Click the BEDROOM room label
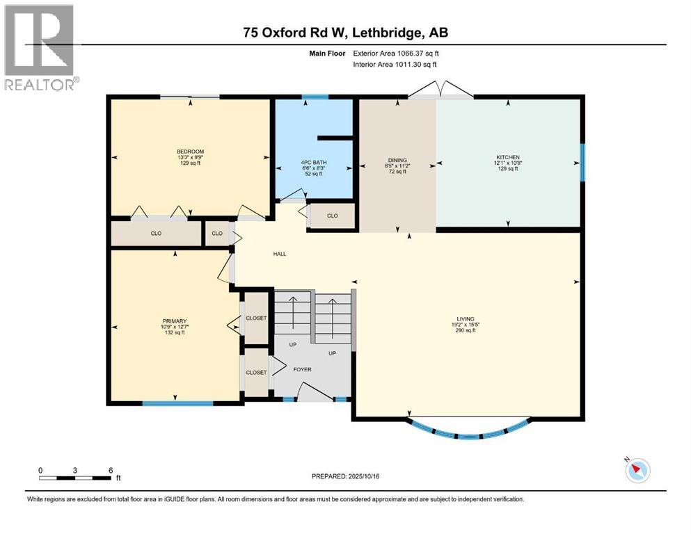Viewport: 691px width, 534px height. click(x=190, y=152)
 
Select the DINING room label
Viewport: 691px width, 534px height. click(x=398, y=160)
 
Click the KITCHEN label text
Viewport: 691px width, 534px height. click(x=508, y=157)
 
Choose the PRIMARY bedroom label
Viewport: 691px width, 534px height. click(x=175, y=321)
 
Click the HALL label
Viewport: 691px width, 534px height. click(x=279, y=254)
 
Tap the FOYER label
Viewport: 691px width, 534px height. click(x=302, y=369)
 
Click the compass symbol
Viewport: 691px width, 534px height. click(x=637, y=471)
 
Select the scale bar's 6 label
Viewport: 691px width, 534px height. click(x=111, y=470)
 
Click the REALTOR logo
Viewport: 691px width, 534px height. click(x=40, y=47)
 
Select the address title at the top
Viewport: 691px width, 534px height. click(x=345, y=32)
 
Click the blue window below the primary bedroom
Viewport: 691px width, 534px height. click(x=178, y=403)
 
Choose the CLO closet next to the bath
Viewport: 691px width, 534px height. click(x=332, y=216)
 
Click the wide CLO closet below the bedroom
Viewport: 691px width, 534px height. click(x=156, y=234)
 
